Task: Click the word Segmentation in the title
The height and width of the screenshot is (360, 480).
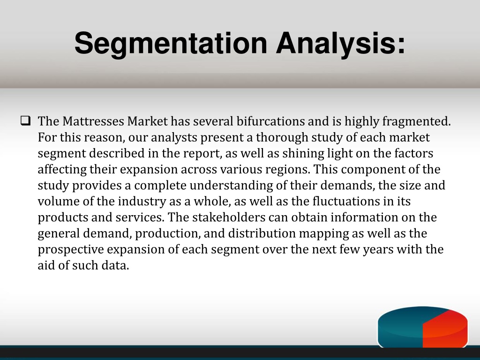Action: [171, 44]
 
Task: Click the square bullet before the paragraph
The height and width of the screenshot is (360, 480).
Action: [26, 120]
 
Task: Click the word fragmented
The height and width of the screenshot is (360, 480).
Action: [416, 121]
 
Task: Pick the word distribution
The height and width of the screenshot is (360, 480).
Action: [262, 233]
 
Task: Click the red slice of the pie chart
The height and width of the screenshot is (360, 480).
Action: [444, 329]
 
